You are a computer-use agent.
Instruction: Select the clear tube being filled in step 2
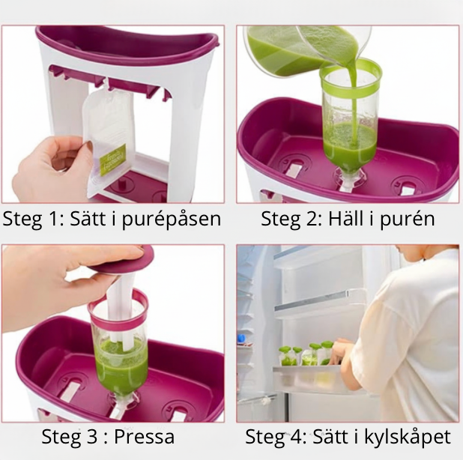349,120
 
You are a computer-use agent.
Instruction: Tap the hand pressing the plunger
52,281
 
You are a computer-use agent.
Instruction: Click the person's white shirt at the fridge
408,337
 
